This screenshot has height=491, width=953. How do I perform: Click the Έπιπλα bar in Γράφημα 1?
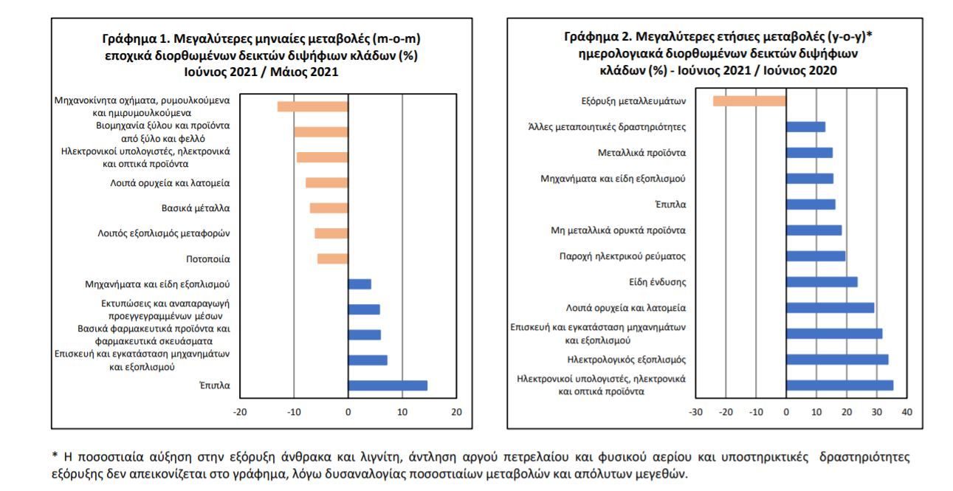point(388,385)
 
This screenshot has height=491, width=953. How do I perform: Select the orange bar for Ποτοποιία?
point(332,258)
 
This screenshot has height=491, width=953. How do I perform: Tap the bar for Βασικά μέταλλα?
point(328,208)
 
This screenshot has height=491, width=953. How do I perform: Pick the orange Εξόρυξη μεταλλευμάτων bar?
point(749,100)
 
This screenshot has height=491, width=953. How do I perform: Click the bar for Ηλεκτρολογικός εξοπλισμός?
point(837,360)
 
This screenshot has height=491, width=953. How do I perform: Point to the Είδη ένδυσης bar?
point(822,282)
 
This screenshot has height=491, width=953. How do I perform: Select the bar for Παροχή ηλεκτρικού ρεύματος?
point(816,256)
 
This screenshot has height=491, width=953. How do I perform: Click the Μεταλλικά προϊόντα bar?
point(809,153)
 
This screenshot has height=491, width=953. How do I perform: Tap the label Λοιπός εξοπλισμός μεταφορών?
point(164,233)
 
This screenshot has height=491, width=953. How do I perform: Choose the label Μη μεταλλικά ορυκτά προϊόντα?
point(619,230)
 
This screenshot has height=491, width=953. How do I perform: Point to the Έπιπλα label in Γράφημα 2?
point(670,205)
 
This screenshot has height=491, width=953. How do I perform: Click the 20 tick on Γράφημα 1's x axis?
point(456,412)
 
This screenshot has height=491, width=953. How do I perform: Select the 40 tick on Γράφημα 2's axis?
point(907,412)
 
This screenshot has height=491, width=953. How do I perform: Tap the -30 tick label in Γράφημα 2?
point(695,412)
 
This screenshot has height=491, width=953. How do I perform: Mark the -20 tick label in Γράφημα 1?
point(240,412)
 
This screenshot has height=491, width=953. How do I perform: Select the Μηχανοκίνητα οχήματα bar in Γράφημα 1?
point(312,106)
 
